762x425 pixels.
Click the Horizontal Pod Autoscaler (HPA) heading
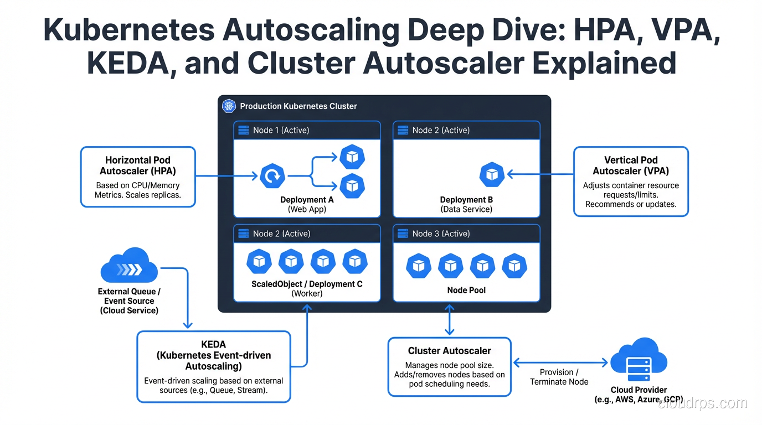pyautogui.click(x=138, y=165)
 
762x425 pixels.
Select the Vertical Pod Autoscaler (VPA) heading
pyautogui.click(x=631, y=165)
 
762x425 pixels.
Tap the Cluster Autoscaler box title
pyautogui.click(x=449, y=350)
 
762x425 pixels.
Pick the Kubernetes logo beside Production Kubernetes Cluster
pyautogui.click(x=229, y=106)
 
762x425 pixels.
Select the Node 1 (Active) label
pyautogui.click(x=281, y=130)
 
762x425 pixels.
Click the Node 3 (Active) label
pyautogui.click(x=441, y=234)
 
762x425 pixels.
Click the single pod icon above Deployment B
pyautogui.click(x=491, y=175)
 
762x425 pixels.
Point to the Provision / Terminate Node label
pyautogui.click(x=559, y=377)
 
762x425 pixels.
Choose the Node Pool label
pyautogui.click(x=466, y=290)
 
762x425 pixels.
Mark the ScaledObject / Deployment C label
pyautogui.click(x=307, y=284)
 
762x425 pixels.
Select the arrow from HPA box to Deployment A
pyautogui.click(x=227, y=176)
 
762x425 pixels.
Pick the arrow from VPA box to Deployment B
pyautogui.click(x=540, y=175)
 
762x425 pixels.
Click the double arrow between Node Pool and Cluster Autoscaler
pyautogui.click(x=449, y=319)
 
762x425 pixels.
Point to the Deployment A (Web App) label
pyautogui.click(x=307, y=204)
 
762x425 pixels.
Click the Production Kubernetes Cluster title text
pyautogui.click(x=298, y=106)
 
